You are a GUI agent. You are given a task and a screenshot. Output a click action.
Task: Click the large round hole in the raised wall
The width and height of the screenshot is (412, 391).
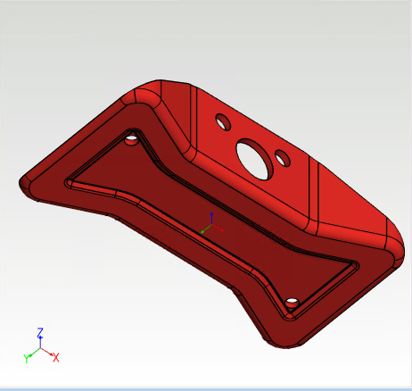254,159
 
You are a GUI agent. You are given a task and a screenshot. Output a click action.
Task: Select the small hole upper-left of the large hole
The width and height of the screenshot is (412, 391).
222,121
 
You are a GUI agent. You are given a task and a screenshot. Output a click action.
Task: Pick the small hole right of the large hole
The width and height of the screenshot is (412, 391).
283,159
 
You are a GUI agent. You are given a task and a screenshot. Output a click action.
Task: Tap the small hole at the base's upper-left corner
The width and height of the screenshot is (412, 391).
132,139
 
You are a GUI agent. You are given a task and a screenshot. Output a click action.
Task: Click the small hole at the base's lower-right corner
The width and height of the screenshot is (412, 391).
291,300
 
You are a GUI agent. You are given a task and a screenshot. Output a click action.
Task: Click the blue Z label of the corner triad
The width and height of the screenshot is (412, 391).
40,332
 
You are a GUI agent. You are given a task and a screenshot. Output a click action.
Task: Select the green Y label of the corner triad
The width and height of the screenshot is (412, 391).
28,357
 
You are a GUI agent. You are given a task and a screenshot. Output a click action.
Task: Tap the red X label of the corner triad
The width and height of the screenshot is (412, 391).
55,357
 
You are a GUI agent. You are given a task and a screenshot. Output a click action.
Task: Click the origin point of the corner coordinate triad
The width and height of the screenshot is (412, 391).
41,350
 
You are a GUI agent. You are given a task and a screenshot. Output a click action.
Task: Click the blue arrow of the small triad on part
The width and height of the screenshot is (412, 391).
210,217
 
